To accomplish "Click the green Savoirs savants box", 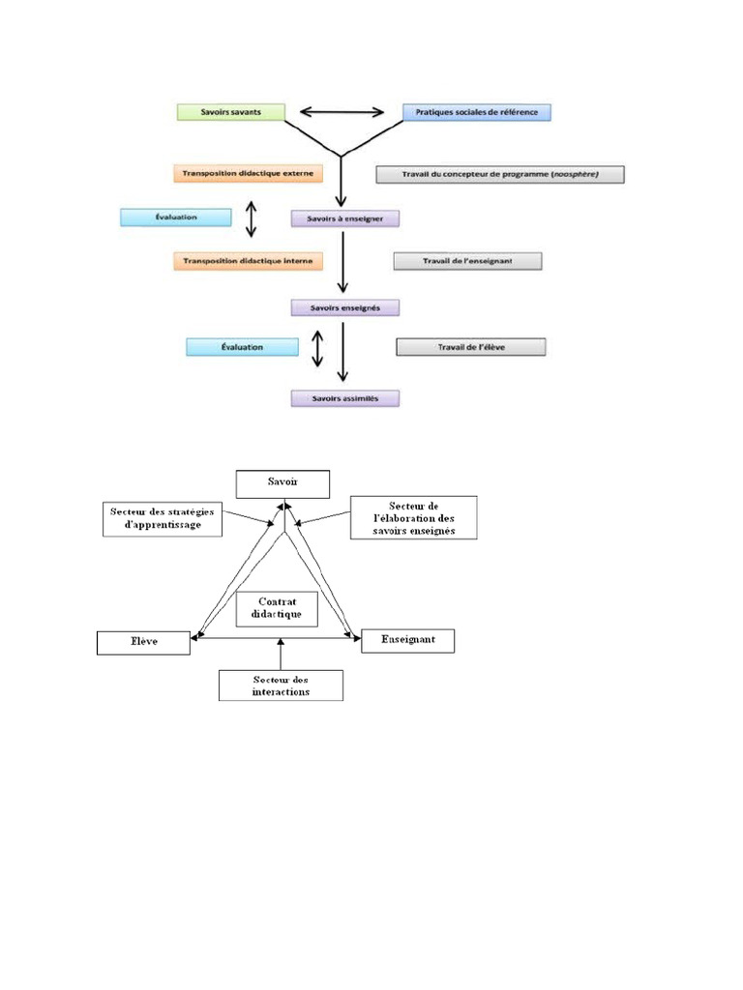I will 231,112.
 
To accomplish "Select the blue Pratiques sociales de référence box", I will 477,112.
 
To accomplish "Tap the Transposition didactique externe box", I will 248,174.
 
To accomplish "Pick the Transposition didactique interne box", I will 248,261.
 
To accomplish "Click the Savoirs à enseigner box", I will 345,219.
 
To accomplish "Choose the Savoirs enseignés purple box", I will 345,307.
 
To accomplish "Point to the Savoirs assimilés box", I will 345,397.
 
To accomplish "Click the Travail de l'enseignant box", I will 467,261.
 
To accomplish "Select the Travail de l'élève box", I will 471,346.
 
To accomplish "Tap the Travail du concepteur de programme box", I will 500,174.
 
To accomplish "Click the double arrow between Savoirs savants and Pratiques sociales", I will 344,112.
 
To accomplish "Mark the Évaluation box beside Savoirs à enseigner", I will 176,218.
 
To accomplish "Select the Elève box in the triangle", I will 143,641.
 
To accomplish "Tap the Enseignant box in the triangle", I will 407,640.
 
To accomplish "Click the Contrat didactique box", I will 277,608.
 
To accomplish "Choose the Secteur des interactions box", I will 281,685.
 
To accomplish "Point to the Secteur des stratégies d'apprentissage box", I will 162,517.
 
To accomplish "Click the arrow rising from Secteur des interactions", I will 281,655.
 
